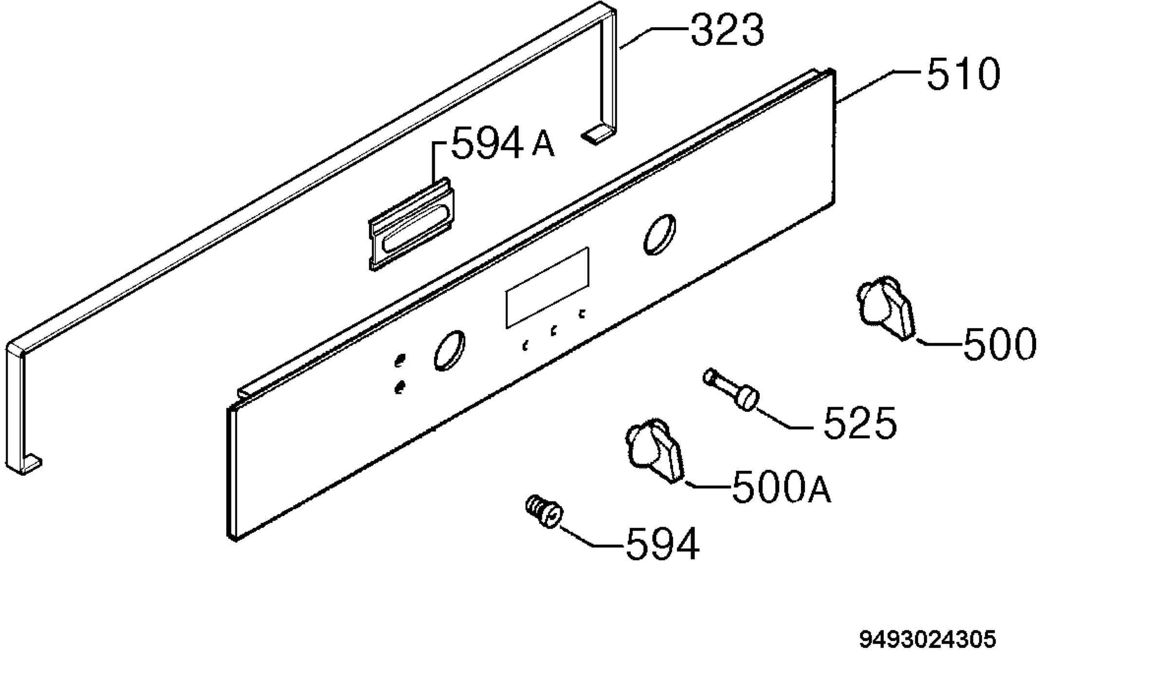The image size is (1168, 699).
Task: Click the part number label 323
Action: click(727, 31)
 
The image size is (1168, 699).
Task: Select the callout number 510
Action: click(963, 74)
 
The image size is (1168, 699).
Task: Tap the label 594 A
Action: click(503, 143)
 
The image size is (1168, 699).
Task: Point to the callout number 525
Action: click(860, 423)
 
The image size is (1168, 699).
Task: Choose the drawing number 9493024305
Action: click(928, 640)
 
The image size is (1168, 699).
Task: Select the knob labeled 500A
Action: click(655, 450)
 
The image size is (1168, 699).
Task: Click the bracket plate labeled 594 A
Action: click(412, 224)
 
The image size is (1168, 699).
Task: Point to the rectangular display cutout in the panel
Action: click(547, 288)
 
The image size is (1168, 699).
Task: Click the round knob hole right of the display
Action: click(659, 234)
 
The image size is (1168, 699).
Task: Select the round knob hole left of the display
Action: click(449, 350)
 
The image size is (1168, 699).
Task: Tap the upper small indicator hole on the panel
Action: click(400, 360)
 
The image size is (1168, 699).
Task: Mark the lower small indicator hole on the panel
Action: click(400, 387)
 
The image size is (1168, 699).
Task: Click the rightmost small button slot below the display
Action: click(582, 314)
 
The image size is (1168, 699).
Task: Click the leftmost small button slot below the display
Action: click(525, 346)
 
